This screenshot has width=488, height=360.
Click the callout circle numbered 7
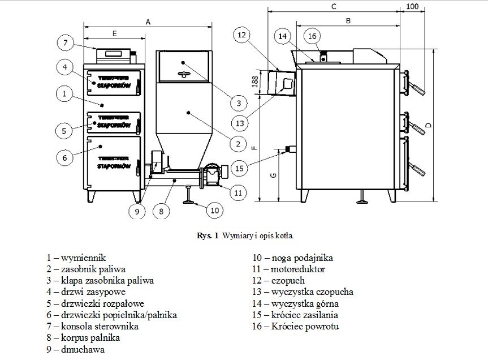coord(66,43)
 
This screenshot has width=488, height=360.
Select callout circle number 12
coord(241,35)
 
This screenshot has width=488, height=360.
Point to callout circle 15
coord(240,168)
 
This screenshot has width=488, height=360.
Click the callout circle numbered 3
coord(239,103)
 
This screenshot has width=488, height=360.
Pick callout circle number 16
coord(312,36)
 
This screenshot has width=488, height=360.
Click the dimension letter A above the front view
coord(148,22)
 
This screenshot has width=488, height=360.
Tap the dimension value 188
coord(254,81)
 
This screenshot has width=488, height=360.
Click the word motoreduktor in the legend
coord(297,269)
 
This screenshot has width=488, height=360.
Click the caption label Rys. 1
coord(209,234)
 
